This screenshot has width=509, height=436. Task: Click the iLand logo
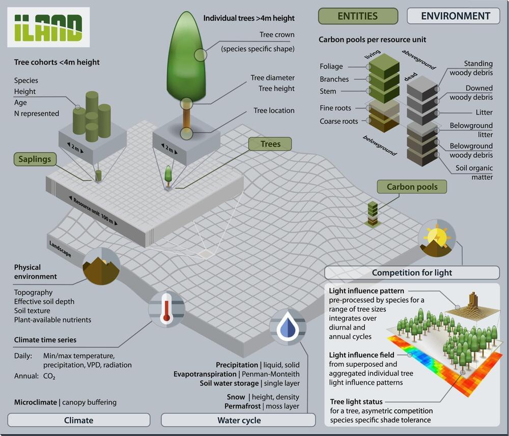(48, 27)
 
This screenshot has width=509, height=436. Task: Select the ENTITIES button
(357, 16)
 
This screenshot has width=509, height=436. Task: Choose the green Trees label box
(270, 144)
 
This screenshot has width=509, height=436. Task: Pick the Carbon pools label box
(412, 187)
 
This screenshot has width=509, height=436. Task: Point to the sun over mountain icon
(437, 238)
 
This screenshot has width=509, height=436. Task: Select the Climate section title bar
(79, 420)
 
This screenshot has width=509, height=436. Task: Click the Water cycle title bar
(239, 420)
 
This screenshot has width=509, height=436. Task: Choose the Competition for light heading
(412, 272)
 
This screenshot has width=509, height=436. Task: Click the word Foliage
(331, 67)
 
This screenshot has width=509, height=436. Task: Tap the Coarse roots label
(338, 121)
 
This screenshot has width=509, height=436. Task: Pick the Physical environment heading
(35, 272)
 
